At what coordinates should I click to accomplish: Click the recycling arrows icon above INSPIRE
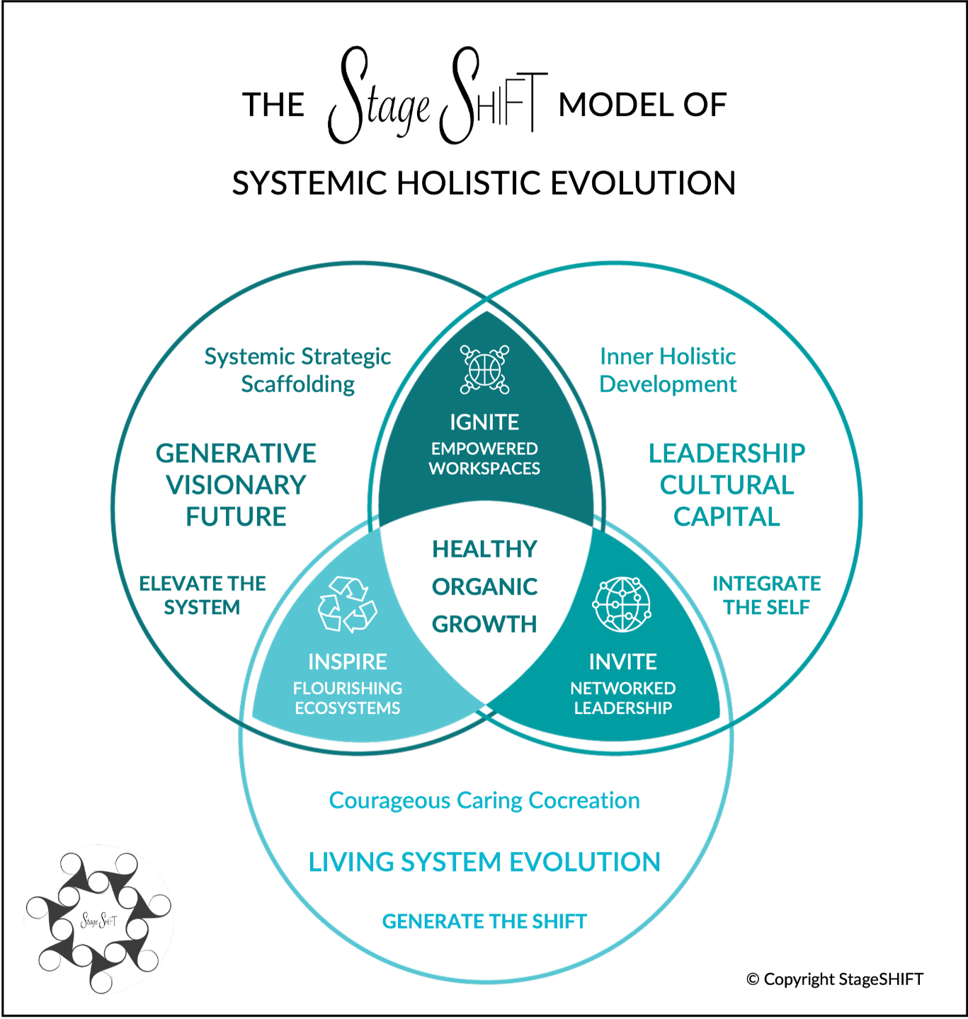[348, 604]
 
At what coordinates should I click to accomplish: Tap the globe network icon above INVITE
[622, 604]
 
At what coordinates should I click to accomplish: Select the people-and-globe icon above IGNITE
[484, 369]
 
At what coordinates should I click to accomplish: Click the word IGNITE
[484, 422]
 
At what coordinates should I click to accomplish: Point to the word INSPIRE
[348, 662]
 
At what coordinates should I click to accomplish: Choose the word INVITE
[623, 662]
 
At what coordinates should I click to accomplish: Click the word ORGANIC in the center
[484, 587]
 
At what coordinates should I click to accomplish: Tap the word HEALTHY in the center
[484, 549]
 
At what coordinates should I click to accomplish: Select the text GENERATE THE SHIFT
[484, 921]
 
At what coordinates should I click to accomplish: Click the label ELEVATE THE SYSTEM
[203, 595]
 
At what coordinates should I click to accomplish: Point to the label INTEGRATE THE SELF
[767, 595]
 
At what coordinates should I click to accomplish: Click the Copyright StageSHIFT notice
[835, 979]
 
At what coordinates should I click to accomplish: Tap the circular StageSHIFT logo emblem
[98, 921]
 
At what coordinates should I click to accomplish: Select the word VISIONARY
[236, 485]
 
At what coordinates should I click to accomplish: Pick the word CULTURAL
[727, 485]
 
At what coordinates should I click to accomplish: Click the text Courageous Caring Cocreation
[484, 800]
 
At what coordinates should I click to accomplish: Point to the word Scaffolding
[298, 384]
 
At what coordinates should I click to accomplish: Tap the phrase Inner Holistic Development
[668, 370]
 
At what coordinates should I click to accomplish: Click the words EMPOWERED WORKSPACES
[484, 458]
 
